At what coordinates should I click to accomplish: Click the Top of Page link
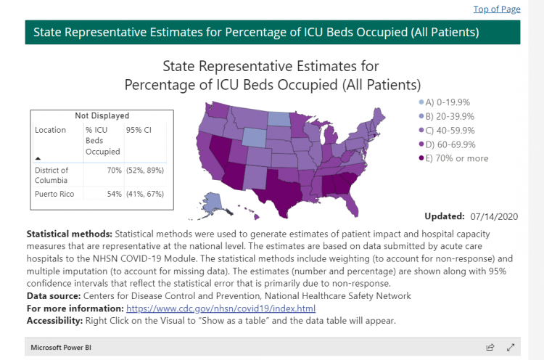coord(497,9)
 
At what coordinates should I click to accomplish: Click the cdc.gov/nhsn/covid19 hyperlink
coord(221,308)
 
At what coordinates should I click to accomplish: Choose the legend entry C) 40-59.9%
coord(447,131)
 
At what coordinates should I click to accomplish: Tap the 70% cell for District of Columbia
coord(114,170)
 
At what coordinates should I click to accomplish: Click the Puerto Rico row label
coord(54,194)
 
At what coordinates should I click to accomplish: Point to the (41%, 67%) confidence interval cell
coord(145,194)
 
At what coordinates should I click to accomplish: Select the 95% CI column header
coord(139,130)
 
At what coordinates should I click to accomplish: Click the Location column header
coord(50,130)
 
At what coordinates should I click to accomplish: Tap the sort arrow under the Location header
coord(38,158)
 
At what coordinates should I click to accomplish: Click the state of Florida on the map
coord(350,205)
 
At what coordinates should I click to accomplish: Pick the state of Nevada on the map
coord(220,150)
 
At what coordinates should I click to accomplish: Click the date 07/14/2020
coord(494,216)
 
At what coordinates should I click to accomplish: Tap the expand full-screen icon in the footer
coord(511,347)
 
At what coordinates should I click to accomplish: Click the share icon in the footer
coord(490,347)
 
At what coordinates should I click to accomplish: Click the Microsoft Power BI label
coord(61,347)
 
